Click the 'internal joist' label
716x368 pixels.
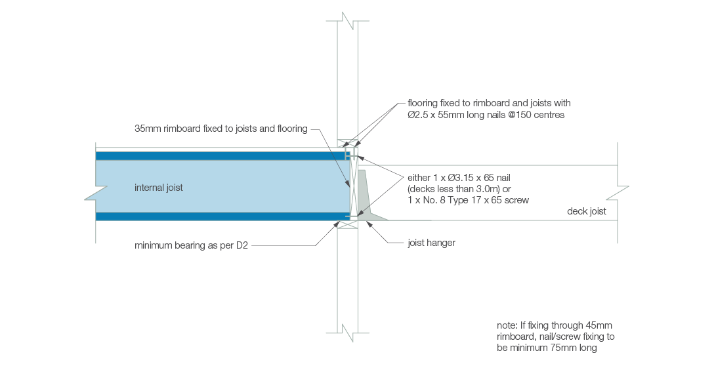pos(158,188)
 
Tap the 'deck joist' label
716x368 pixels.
pos(587,211)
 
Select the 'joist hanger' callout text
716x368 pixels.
pos(431,243)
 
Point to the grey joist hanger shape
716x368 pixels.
pos(364,197)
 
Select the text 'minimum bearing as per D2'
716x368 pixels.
pos(191,246)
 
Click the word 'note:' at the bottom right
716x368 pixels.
pos(508,325)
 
